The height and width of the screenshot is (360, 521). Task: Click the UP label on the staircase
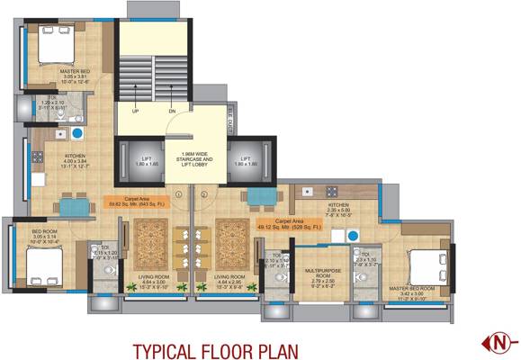coord(135,112)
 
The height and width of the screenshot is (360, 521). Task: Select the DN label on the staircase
coord(171,112)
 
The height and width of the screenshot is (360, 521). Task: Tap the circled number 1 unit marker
coord(180,193)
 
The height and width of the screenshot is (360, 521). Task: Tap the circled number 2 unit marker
coord(204,193)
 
